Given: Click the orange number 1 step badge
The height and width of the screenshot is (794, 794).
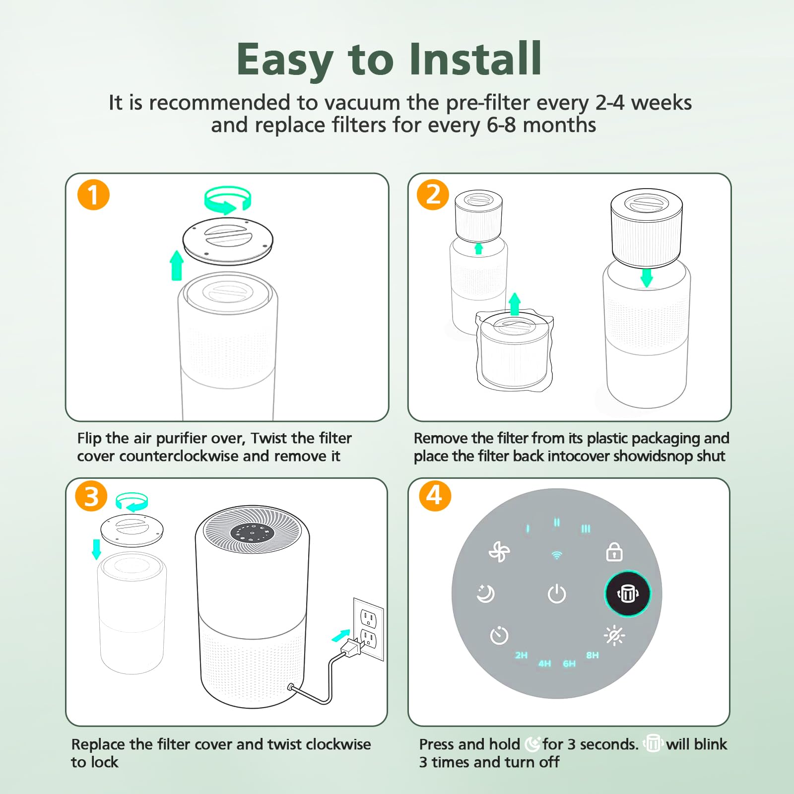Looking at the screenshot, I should point(93,195).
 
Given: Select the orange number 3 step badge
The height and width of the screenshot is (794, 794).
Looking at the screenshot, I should point(91,496).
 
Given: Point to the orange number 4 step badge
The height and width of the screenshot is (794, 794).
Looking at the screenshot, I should point(435,495).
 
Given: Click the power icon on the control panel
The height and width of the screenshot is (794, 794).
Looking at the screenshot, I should point(556,594).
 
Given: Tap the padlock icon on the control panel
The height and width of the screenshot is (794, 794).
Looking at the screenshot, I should point(614,552).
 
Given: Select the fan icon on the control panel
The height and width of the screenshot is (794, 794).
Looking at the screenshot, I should point(499,551).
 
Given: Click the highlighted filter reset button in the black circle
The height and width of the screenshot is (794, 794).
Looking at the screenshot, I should point(628,594).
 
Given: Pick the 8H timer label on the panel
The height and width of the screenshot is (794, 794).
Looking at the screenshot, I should point(593,655).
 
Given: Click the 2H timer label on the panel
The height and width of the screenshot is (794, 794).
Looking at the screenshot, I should point(521,655).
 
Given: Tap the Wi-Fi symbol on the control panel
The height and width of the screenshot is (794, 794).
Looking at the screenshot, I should point(557,555).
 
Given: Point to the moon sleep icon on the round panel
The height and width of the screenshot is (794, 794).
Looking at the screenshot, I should point(485,594).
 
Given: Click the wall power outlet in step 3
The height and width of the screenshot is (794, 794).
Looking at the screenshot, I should point(368,628).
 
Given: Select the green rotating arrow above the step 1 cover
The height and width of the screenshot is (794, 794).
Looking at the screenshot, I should point(228,200).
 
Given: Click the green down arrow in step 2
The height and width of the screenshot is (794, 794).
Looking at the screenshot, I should point(646,278).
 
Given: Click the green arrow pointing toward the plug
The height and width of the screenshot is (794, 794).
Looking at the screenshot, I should point(340,635).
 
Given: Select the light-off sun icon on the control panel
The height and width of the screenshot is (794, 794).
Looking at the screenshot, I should point(614,636).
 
